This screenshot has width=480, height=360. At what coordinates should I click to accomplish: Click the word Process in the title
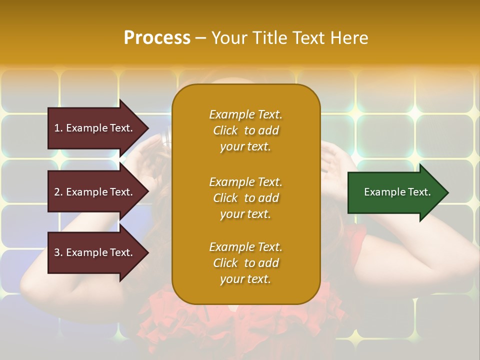tap(157, 38)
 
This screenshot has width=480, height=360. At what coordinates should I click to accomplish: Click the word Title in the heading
tap(270, 38)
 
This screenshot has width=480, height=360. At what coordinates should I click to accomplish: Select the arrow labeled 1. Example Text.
tap(95, 128)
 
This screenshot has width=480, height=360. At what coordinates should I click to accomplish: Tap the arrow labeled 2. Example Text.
tap(95, 192)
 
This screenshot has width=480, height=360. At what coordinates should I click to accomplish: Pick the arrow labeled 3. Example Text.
tap(95, 252)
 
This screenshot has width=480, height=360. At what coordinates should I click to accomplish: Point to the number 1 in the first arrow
tap(57, 128)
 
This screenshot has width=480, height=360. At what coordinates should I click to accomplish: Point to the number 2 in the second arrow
tap(57, 192)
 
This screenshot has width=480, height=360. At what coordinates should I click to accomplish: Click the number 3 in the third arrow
tap(57, 252)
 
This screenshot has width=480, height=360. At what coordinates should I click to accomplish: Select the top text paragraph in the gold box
tap(245, 130)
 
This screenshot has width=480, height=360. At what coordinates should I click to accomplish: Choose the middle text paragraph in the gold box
tap(245, 198)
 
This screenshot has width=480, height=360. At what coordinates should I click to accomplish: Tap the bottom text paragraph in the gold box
tap(245, 263)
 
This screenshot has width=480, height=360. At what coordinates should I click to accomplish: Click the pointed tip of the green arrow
tap(447, 192)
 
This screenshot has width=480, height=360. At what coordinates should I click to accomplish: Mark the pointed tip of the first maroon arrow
tap(147, 128)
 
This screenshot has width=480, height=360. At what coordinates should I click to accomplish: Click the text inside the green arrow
tap(397, 192)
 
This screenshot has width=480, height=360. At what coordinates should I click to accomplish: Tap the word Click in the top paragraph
tap(225, 130)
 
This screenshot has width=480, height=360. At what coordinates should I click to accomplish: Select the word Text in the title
tap(308, 38)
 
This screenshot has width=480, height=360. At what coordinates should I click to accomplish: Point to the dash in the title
tap(200, 38)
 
